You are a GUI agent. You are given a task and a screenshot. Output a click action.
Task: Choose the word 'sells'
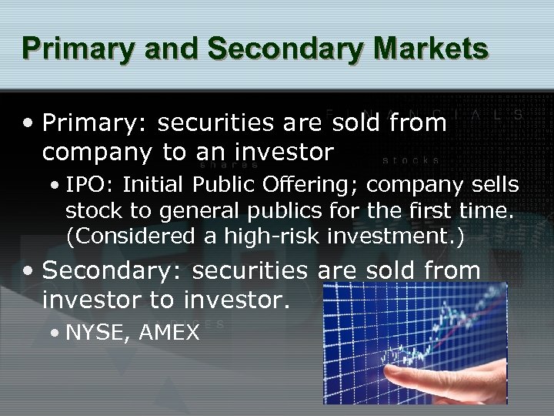click(497, 186)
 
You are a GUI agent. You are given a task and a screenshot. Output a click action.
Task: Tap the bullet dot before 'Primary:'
click(28, 123)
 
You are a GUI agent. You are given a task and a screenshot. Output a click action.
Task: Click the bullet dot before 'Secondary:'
click(28, 272)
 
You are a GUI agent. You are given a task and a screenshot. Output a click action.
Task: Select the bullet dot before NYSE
click(55, 334)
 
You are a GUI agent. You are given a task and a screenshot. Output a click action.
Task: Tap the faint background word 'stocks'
click(411, 160)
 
